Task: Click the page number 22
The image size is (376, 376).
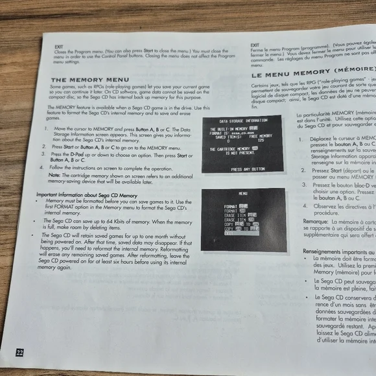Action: click(x=20, y=353)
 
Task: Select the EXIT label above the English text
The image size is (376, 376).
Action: click(x=59, y=46)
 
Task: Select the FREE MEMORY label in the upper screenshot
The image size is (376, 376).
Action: click(x=261, y=136)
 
